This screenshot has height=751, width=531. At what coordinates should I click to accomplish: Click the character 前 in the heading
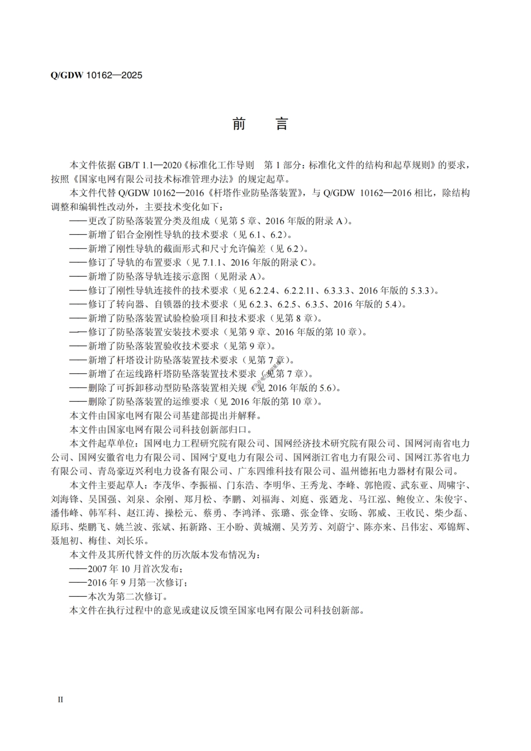click(239, 124)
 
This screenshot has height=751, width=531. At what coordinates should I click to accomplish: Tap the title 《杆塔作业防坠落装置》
click(255, 193)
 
